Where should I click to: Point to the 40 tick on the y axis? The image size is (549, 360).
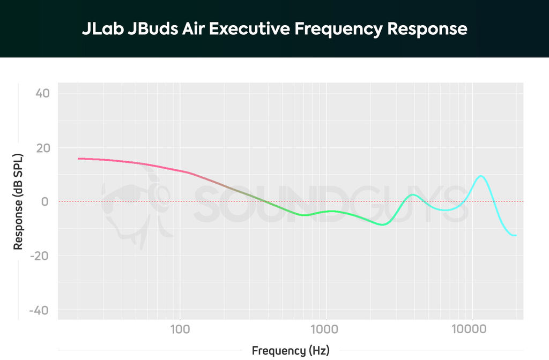[42, 94]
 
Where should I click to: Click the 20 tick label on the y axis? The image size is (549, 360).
[42, 148]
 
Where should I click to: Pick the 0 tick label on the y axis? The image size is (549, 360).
[46, 202]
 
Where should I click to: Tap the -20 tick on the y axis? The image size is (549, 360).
[40, 256]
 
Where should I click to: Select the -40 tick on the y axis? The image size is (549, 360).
[40, 310]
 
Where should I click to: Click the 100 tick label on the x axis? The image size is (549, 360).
[180, 328]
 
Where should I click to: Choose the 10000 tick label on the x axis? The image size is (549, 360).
[472, 328]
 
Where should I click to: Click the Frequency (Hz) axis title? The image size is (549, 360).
[291, 351]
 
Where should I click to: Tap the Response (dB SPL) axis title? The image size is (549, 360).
[18, 202]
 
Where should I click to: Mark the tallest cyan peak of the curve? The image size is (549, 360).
[481, 176]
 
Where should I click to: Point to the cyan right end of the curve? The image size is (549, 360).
[515, 235]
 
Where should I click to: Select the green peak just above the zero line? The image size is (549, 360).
[412, 194]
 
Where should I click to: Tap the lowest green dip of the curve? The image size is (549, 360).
[382, 224]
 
